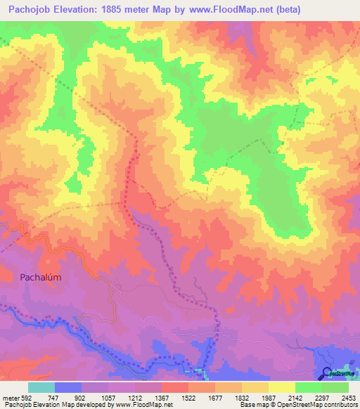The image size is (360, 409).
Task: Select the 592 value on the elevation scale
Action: (x=28, y=397)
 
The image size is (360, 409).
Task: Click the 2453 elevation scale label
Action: (x=349, y=397)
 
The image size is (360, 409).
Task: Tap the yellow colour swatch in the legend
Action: (x=281, y=387)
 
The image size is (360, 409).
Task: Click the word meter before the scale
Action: (x=10, y=397)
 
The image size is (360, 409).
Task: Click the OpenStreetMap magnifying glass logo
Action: (x=327, y=373)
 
